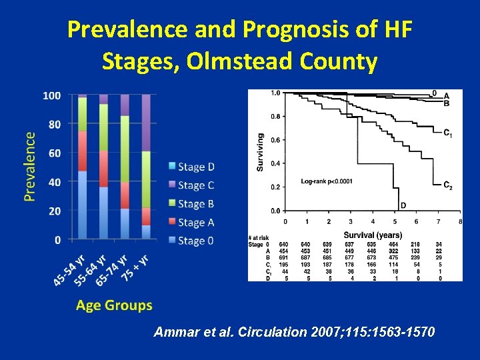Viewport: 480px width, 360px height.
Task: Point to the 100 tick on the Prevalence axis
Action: click(51, 96)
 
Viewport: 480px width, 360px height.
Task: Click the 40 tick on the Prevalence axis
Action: click(54, 182)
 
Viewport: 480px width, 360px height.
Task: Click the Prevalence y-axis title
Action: click(30, 166)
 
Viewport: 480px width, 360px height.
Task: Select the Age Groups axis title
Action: click(114, 306)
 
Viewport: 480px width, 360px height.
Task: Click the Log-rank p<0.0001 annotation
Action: click(327, 181)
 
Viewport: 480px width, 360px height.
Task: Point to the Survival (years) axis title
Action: click(373, 235)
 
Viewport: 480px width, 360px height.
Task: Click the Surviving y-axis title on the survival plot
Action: click(260, 151)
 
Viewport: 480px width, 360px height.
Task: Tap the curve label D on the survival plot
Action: click(403, 205)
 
